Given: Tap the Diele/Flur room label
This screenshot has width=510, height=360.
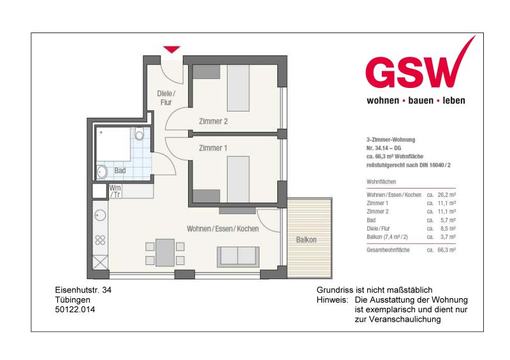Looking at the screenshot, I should (165, 97).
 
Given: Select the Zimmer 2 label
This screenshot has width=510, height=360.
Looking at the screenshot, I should (213, 121).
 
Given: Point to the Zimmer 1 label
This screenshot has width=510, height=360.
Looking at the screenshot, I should (213, 148).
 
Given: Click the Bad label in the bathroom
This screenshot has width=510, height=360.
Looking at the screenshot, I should (120, 171).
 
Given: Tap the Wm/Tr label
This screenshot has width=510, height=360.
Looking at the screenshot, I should (115, 191).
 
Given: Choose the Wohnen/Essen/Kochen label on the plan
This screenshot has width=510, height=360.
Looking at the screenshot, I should (222, 228).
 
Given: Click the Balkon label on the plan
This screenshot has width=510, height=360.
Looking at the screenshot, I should (306, 240).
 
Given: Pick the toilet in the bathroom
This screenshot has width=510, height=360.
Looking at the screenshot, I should (140, 134).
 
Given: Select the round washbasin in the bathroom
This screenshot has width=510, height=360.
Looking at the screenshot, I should (102, 171).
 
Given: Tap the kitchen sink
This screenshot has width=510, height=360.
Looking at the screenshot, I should (100, 214).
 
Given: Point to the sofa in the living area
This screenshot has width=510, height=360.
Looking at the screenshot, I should (238, 256).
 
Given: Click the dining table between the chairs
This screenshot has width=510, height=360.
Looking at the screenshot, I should (165, 252).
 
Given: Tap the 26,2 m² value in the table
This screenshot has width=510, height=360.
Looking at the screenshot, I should (447, 194).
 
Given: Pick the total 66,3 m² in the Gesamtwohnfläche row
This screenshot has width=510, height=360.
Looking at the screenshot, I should (447, 250).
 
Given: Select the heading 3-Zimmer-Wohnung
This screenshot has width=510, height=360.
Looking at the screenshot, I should (391, 139).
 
